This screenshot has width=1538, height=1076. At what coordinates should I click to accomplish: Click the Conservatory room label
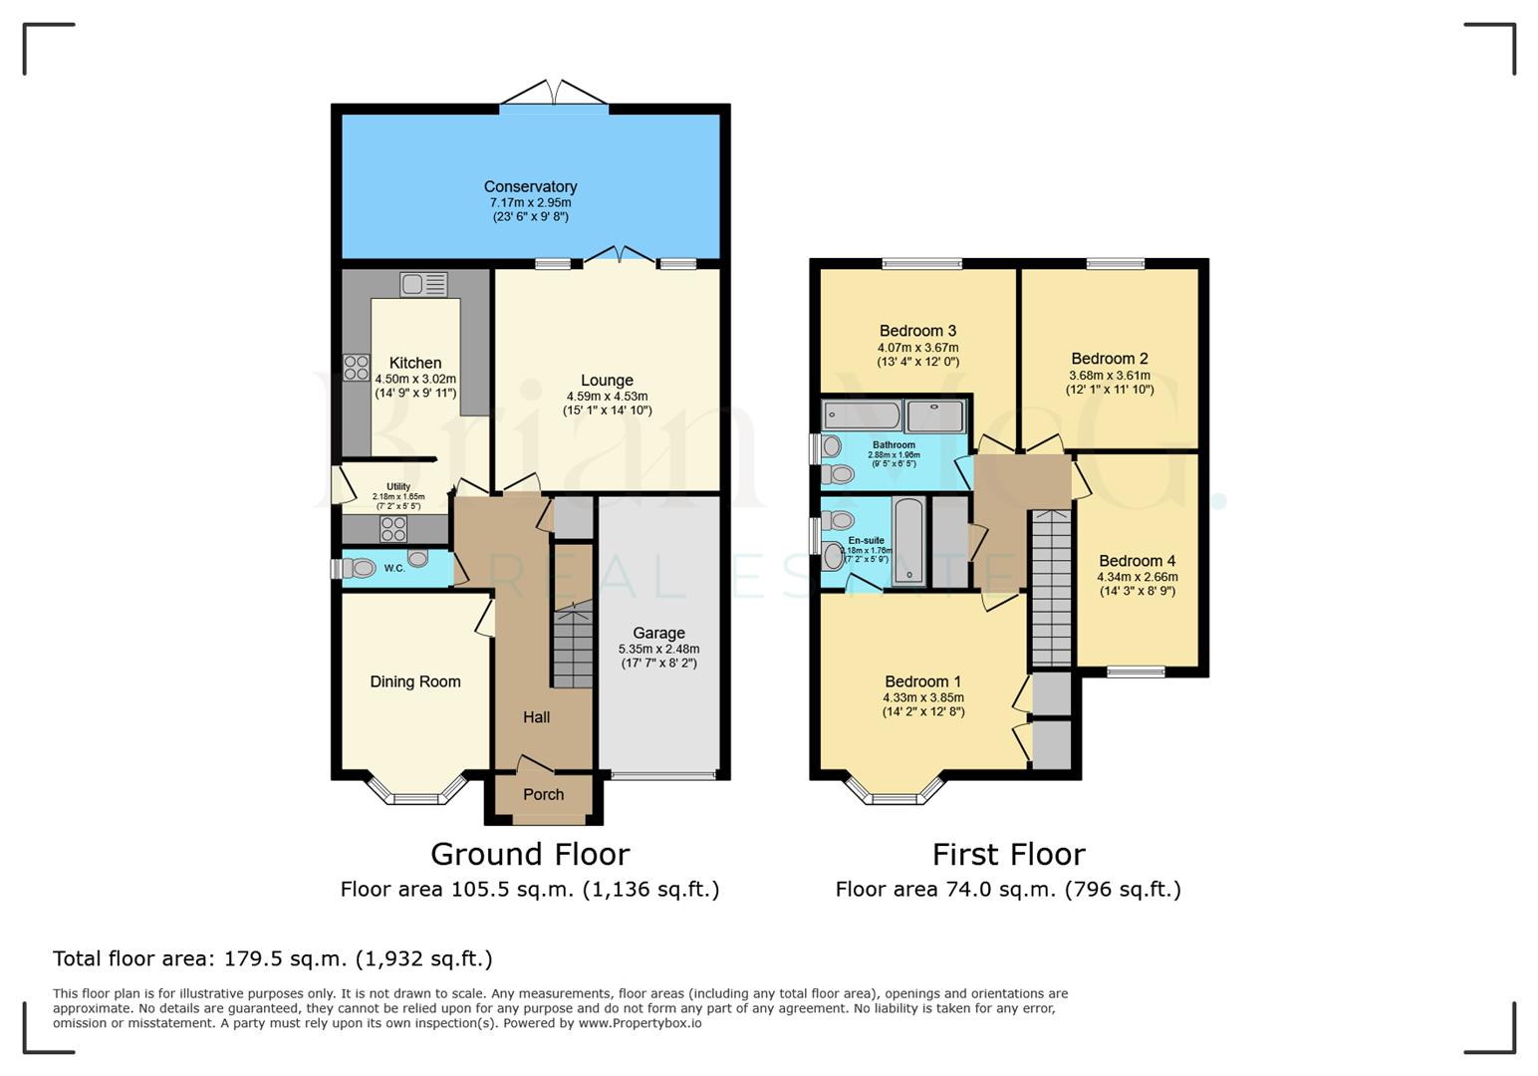click(530, 186)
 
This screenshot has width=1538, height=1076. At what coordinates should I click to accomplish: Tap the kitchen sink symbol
click(424, 285)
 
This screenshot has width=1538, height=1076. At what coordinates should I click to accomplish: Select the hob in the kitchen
click(357, 368)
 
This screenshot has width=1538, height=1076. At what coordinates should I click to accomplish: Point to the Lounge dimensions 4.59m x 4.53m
click(607, 397)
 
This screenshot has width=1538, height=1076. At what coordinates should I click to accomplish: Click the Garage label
click(658, 633)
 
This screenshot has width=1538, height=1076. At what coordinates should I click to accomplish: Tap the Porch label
click(543, 794)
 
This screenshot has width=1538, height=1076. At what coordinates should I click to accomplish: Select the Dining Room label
click(415, 681)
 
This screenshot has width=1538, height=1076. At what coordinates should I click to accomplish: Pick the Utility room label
click(398, 486)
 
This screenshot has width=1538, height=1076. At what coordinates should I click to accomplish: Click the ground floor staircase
click(573, 648)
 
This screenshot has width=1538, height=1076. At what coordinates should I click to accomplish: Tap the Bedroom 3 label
click(917, 331)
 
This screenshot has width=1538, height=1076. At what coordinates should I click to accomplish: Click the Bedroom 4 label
click(1137, 561)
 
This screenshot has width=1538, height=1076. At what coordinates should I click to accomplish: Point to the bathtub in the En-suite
click(909, 542)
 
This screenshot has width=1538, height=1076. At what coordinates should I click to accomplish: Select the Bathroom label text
click(894, 445)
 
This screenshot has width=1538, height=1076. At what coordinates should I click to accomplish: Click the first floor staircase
click(1050, 588)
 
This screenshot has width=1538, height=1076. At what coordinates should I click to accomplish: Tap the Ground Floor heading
click(530, 854)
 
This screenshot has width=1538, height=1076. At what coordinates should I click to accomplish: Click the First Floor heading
click(1008, 854)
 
